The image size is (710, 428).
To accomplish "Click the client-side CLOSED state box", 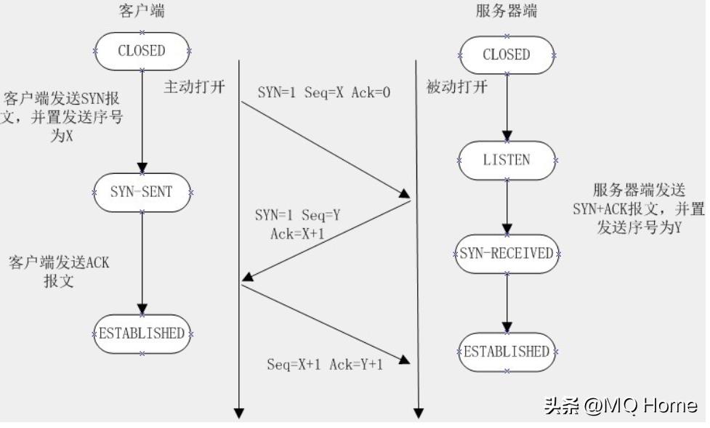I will [142, 51].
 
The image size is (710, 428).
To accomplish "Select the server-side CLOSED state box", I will [507, 54].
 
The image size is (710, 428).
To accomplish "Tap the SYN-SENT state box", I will [142, 192].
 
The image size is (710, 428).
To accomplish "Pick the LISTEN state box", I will [507, 160].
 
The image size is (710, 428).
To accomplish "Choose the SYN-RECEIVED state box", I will [507, 254].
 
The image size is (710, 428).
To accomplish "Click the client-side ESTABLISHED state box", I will [142, 334].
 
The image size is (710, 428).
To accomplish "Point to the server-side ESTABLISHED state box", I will [507, 352].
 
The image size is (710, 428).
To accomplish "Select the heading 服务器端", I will [507, 12].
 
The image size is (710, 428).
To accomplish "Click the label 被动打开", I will [456, 87].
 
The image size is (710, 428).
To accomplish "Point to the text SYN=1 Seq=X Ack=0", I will [324, 94].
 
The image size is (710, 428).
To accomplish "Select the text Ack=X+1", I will [282, 233].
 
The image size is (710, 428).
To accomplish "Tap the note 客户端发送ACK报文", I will [59, 271].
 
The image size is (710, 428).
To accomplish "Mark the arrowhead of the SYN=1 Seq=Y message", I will [248, 278].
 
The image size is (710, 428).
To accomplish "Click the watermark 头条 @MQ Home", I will [620, 405].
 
